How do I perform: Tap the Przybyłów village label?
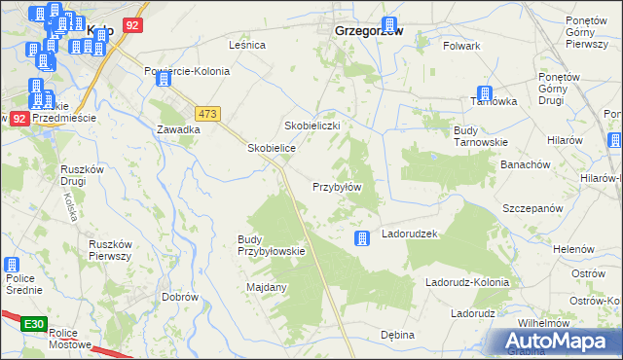pos(338,187)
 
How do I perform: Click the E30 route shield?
pos(33,324)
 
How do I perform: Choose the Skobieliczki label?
pos(311,126)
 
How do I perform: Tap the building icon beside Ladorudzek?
pos(362,237)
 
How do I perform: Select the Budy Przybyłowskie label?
pos(272,245)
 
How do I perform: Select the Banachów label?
pos(527,164)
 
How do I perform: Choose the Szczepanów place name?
pos(532,209)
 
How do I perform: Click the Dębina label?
pos(397,335)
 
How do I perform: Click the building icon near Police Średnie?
pos(12,264)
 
